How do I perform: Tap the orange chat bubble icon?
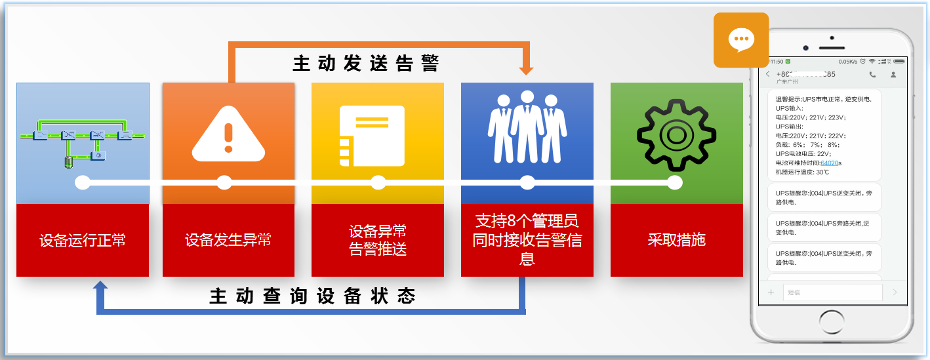(741, 40)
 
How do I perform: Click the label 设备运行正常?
(83, 240)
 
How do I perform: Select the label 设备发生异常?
(228, 240)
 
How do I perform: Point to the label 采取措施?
(676, 240)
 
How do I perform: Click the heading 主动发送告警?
(366, 64)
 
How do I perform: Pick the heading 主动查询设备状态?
(313, 296)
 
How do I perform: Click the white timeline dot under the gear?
(675, 183)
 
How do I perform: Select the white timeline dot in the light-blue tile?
(83, 183)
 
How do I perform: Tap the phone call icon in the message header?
(872, 75)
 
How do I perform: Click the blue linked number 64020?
(830, 163)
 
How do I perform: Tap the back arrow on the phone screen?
(768, 75)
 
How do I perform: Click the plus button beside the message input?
(771, 292)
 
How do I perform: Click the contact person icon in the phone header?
(893, 75)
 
